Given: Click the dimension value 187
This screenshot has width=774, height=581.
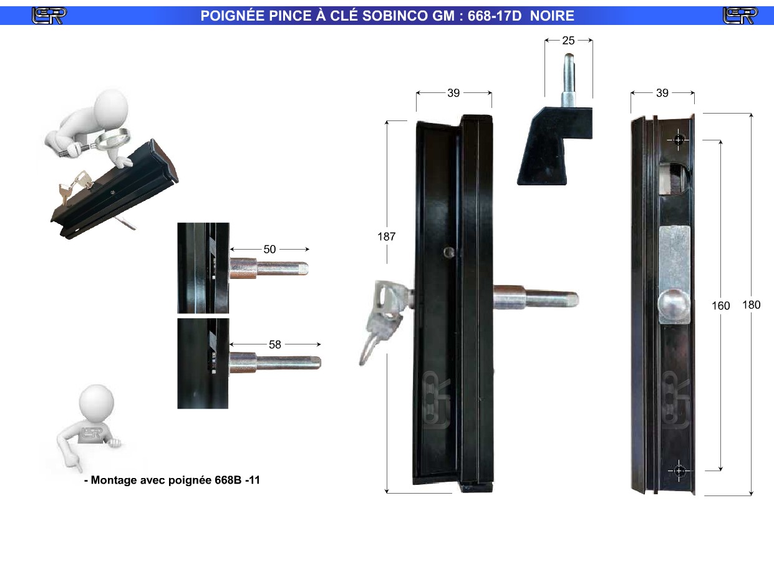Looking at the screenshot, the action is point(387,237).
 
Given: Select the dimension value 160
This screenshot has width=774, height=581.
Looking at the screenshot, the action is point(720,306).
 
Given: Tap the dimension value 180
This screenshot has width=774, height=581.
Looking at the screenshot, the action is point(751,305).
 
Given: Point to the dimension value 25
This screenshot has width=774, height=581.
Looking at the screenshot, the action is point(568,41).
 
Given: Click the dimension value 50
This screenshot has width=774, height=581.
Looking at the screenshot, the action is point(269,250).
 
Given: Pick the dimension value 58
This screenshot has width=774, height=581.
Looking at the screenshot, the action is point(274,344).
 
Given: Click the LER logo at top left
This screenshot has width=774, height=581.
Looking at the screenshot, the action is point(49,16).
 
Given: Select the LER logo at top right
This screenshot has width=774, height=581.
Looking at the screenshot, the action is point(740,16).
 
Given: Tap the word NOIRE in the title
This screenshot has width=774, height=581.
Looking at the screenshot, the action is point(552,16).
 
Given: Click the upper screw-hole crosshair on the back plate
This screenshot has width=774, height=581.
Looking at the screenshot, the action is point(678,140).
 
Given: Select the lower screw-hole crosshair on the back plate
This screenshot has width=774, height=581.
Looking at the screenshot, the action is point(679,471).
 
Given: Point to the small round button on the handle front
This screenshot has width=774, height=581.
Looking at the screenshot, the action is point(449,252).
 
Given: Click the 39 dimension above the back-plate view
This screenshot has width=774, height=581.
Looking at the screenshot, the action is point(662,93).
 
